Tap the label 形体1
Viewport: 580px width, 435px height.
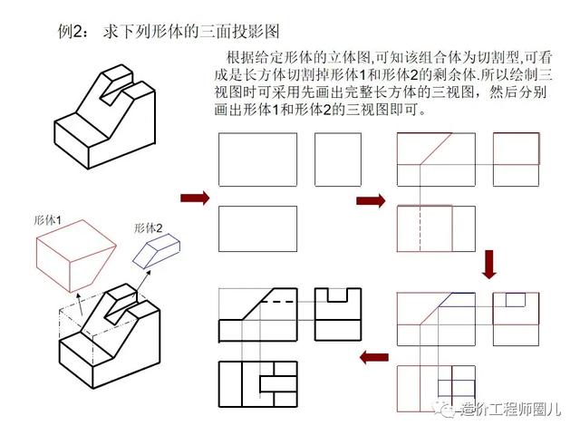[x=47, y=220]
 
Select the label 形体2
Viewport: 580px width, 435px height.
[x=148, y=228]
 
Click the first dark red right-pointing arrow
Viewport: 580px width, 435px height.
[x=195, y=198]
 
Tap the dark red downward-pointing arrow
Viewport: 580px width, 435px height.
[x=489, y=265]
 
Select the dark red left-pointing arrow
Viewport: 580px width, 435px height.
[x=374, y=357]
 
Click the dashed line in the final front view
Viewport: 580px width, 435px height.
[x=278, y=302]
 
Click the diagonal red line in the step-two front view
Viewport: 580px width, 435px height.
[x=436, y=149]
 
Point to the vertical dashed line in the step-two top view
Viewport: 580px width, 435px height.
[x=420, y=228]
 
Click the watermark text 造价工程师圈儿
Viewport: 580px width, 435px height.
[x=511, y=410]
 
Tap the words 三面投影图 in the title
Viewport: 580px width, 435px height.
[x=239, y=32]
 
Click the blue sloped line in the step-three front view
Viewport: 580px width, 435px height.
[x=448, y=300]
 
